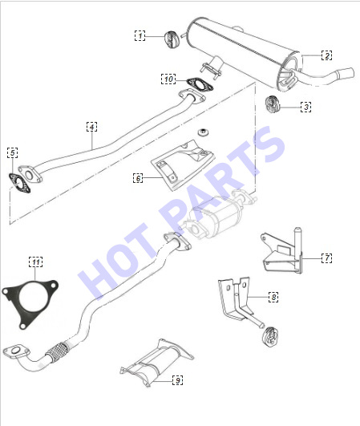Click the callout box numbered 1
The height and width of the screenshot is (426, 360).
pos(140,36)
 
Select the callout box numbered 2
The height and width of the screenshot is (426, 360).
pos(327,55)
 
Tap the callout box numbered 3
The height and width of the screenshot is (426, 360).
pos(306,107)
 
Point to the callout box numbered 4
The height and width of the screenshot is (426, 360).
pos(91,127)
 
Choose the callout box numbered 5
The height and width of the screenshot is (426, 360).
pos(13,152)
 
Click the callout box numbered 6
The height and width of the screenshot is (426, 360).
pos(138,178)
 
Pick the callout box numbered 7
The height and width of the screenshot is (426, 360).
pos(327,258)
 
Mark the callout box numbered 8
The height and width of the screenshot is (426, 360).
pos(273,297)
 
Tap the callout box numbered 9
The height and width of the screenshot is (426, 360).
pos(178,380)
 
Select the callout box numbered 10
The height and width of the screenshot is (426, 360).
pos(168,79)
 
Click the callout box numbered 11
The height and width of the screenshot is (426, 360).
pos(35,262)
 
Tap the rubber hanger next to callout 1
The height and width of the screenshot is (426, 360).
pos(171,39)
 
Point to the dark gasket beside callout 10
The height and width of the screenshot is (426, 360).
pos(200,84)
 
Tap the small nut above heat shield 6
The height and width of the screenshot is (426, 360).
pos(204,132)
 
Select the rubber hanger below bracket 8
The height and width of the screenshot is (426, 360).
pos(270,336)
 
